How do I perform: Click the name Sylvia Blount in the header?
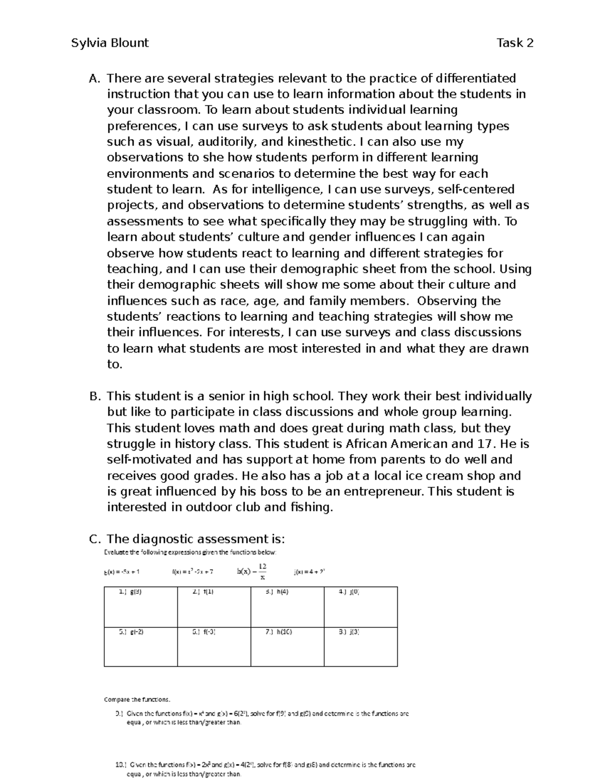(x=110, y=43)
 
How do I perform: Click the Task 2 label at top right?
(x=515, y=43)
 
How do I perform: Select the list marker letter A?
(x=94, y=79)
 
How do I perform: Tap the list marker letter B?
(x=95, y=396)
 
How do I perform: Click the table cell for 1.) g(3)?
(x=141, y=607)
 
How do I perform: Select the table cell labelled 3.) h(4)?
(x=287, y=607)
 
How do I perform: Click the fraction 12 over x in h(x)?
(x=262, y=571)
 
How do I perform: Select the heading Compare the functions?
(x=137, y=699)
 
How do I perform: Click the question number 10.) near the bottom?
(x=122, y=764)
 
